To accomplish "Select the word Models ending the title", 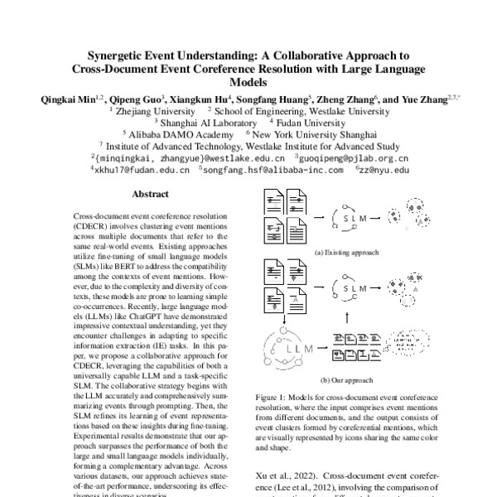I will (x=248, y=82).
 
